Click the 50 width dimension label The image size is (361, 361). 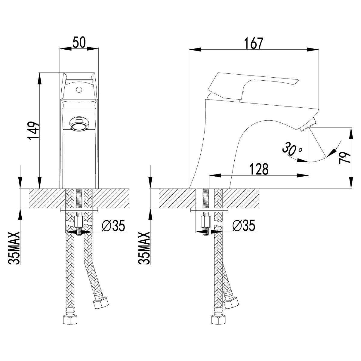79,43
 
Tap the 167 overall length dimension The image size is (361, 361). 253,43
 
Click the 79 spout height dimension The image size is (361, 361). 344,158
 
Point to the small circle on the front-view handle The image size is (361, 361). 79,89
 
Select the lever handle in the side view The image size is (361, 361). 253,83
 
